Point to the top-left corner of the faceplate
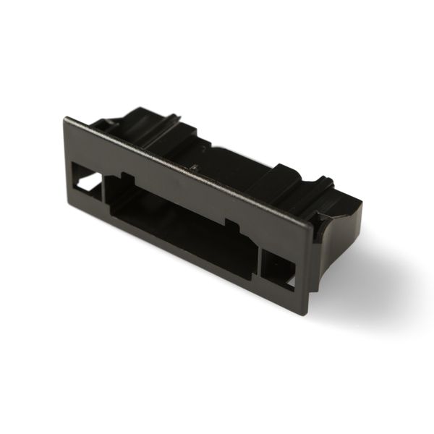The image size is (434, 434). click(x=64, y=117)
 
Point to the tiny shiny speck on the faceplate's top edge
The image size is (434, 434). click(x=194, y=168)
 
